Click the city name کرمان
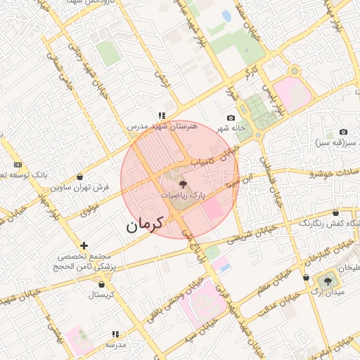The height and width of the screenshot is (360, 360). (x=144, y=224)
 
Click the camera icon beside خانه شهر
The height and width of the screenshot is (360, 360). (x=231, y=117)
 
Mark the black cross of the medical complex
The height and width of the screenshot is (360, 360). (x=84, y=245)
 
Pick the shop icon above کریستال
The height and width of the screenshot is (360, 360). (x=102, y=284)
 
